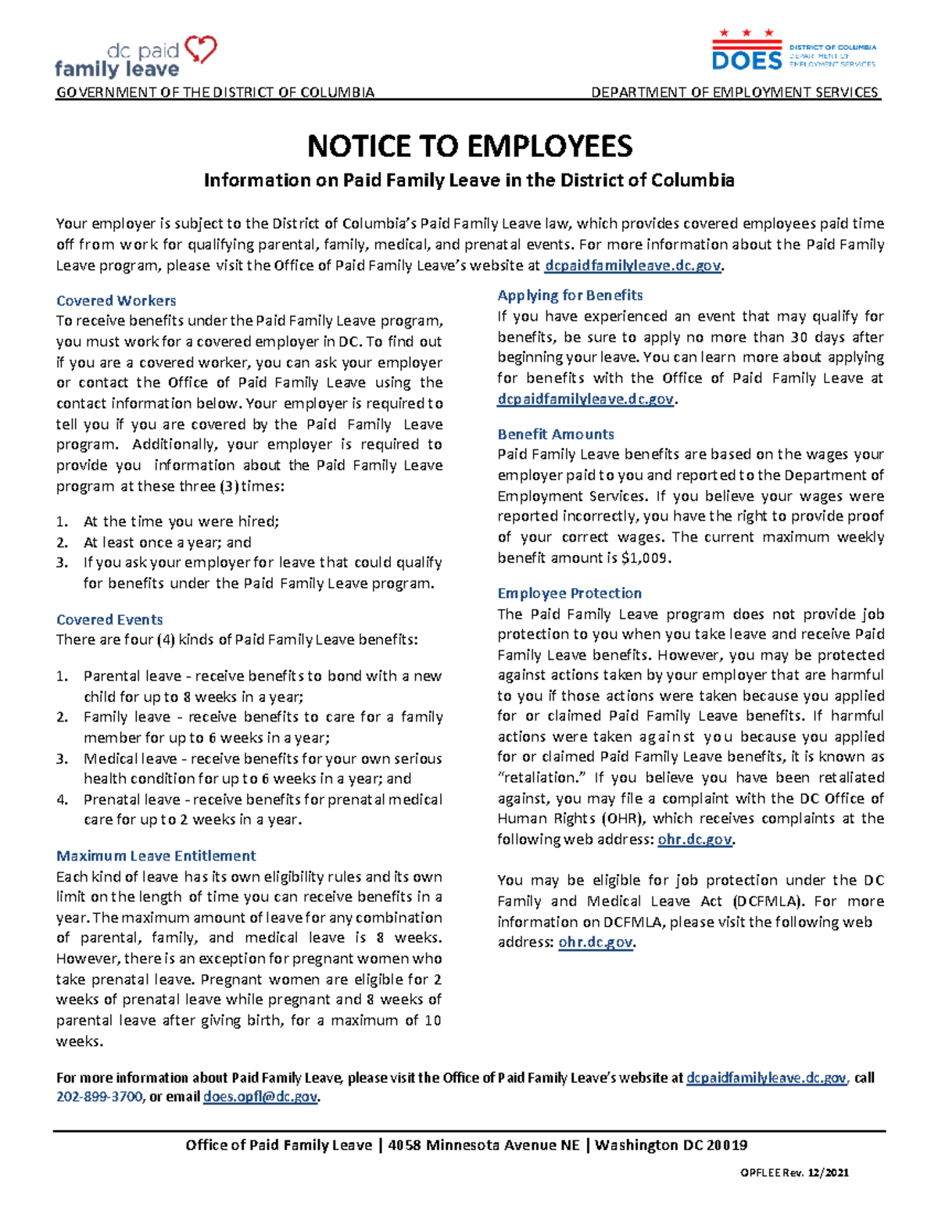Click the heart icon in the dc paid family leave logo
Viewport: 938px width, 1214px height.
point(200,50)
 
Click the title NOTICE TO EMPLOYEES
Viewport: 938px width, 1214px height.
point(469,146)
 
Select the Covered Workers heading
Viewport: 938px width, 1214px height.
point(116,301)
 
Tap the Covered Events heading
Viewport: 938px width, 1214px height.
point(109,620)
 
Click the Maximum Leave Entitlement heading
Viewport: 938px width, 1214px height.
point(156,856)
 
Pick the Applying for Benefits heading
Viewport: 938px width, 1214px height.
point(570,295)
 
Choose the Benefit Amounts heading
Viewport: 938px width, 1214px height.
point(555,435)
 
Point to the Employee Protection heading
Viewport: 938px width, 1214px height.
point(569,593)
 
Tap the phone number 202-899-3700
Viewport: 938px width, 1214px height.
point(99,1098)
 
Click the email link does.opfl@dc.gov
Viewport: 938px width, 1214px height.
point(260,1098)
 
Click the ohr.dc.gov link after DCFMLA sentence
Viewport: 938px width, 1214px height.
point(596,943)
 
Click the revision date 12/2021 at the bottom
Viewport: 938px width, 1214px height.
point(829,1173)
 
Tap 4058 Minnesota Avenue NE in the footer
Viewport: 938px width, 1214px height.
point(484,1145)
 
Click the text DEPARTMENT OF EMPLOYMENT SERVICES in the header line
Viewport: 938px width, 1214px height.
point(735,92)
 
